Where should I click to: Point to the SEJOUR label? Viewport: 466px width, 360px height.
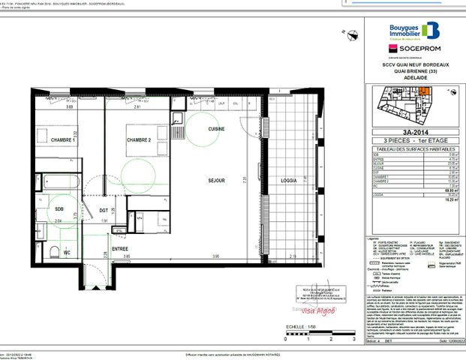pyautogui.click(x=218, y=181)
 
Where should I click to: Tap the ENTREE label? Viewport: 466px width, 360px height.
pyautogui.click(x=120, y=248)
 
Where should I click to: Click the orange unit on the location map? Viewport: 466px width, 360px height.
pyautogui.click(x=424, y=93)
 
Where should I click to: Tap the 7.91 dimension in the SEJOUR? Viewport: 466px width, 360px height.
pyautogui.click(x=255, y=181)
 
